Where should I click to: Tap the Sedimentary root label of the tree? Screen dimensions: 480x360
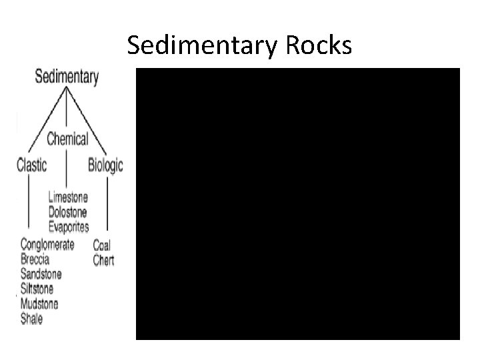click(67, 77)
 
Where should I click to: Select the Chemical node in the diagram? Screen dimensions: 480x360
click(67, 139)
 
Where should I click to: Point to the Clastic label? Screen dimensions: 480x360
click(31, 165)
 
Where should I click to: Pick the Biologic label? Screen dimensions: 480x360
click(105, 165)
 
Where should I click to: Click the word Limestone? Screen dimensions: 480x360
click(68, 198)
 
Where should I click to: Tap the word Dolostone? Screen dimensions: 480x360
click(67, 213)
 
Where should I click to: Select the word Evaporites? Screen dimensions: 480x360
click(69, 227)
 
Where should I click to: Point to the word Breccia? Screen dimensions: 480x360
click(35, 259)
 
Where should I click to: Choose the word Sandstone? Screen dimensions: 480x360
click(41, 274)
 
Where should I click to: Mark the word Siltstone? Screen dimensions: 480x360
click(37, 289)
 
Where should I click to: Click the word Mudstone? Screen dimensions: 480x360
click(39, 303)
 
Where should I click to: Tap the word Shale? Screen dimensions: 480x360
click(31, 319)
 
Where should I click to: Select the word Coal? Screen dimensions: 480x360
click(102, 245)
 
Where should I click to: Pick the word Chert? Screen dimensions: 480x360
click(103, 259)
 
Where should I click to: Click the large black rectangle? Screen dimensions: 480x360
click(297, 204)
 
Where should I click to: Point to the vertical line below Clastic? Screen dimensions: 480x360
click(27, 200)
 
